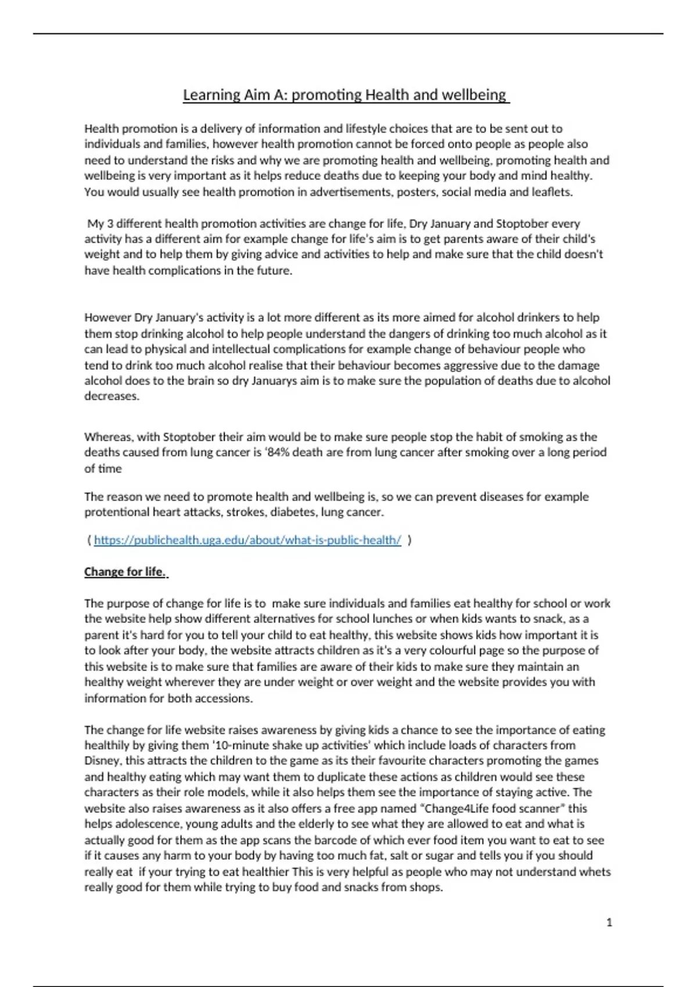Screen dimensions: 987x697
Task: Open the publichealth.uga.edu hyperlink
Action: coord(247,540)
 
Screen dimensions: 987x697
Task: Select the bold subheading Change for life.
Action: coord(125,572)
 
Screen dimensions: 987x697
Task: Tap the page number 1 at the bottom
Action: coord(609,922)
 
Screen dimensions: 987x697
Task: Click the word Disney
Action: coord(103,761)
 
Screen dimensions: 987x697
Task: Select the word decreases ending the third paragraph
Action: coord(112,397)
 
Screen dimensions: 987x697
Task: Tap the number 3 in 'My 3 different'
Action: coord(110,224)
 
